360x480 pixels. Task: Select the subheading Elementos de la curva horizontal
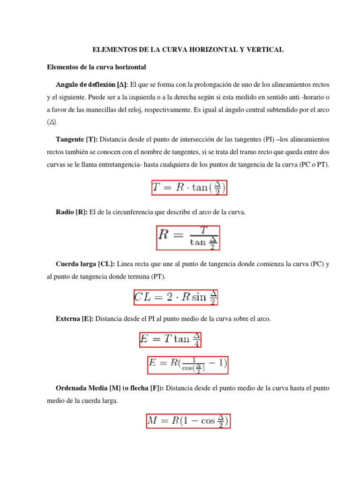click(x=97, y=67)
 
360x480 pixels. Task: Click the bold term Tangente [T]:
click(x=77, y=139)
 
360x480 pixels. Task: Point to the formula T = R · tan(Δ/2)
click(x=189, y=188)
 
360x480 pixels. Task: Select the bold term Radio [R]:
click(x=71, y=212)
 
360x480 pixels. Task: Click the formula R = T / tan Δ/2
click(x=188, y=238)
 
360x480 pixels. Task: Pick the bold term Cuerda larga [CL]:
click(x=85, y=264)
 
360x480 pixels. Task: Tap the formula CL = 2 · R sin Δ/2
click(x=176, y=297)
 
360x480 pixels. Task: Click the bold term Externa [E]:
click(x=74, y=319)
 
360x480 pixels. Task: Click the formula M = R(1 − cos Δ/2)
click(x=188, y=421)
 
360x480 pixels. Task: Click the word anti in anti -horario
click(x=286, y=97)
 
